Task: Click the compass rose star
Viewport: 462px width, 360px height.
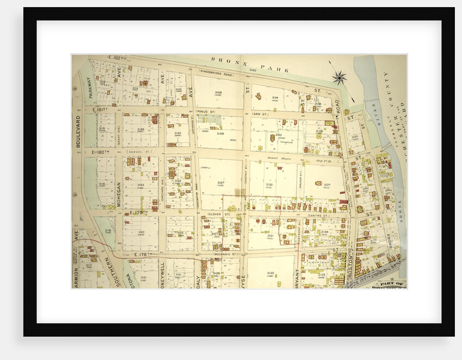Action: [x=340, y=77]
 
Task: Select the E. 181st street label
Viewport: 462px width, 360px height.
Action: [x=101, y=110]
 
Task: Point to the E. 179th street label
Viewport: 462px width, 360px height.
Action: [x=139, y=212]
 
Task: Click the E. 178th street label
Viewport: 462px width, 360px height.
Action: [x=145, y=254]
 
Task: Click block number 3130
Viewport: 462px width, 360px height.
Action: [x=270, y=273]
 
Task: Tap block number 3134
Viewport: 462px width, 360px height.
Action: [x=275, y=97]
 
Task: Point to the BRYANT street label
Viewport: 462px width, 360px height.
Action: [x=297, y=278]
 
